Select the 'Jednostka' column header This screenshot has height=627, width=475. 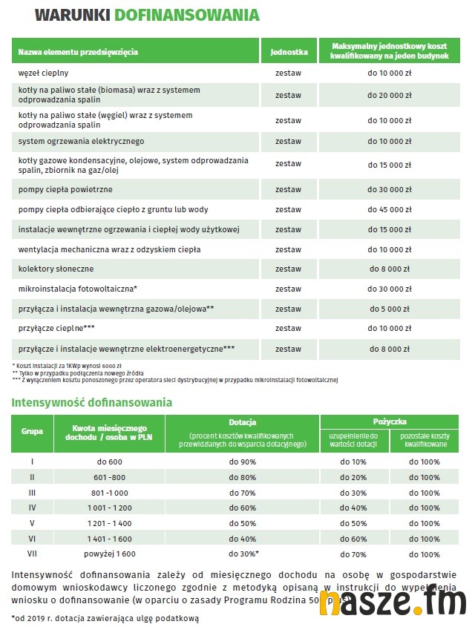coord(289,53)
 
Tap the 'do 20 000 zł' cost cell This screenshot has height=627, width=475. coord(390,95)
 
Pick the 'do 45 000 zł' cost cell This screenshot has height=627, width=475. coord(390,210)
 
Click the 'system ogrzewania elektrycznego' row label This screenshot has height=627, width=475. coord(81,141)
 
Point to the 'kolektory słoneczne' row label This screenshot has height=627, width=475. coord(56,269)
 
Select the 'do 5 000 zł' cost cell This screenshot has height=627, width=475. coord(390,308)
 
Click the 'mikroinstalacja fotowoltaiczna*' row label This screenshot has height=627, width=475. coord(78,289)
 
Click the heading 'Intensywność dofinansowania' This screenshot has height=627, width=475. coord(92,403)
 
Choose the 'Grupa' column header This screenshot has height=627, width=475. coord(32,430)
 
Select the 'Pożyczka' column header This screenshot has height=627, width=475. coord(391,421)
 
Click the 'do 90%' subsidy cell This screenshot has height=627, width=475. coord(242,462)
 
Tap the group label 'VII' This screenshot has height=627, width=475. coord(32,554)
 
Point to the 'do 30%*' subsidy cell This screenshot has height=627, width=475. coord(242,554)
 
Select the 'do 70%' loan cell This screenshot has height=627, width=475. coord(353,554)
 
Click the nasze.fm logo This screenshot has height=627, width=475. coord(393,603)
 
